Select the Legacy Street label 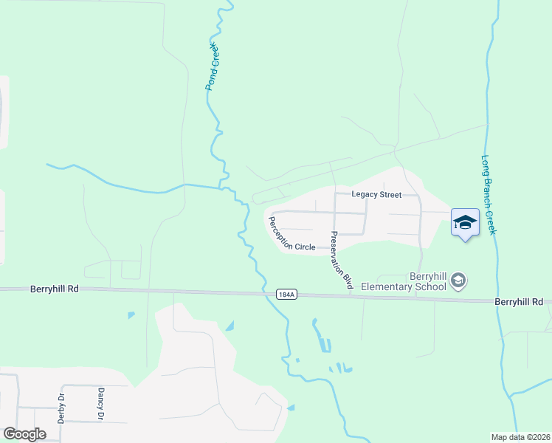coord(376,195)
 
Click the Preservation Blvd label coord(340,260)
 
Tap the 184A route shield coord(287,294)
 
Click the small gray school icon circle coord(458,280)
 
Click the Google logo coord(24,434)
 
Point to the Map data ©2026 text coord(521,437)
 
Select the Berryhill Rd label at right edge coord(519,302)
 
